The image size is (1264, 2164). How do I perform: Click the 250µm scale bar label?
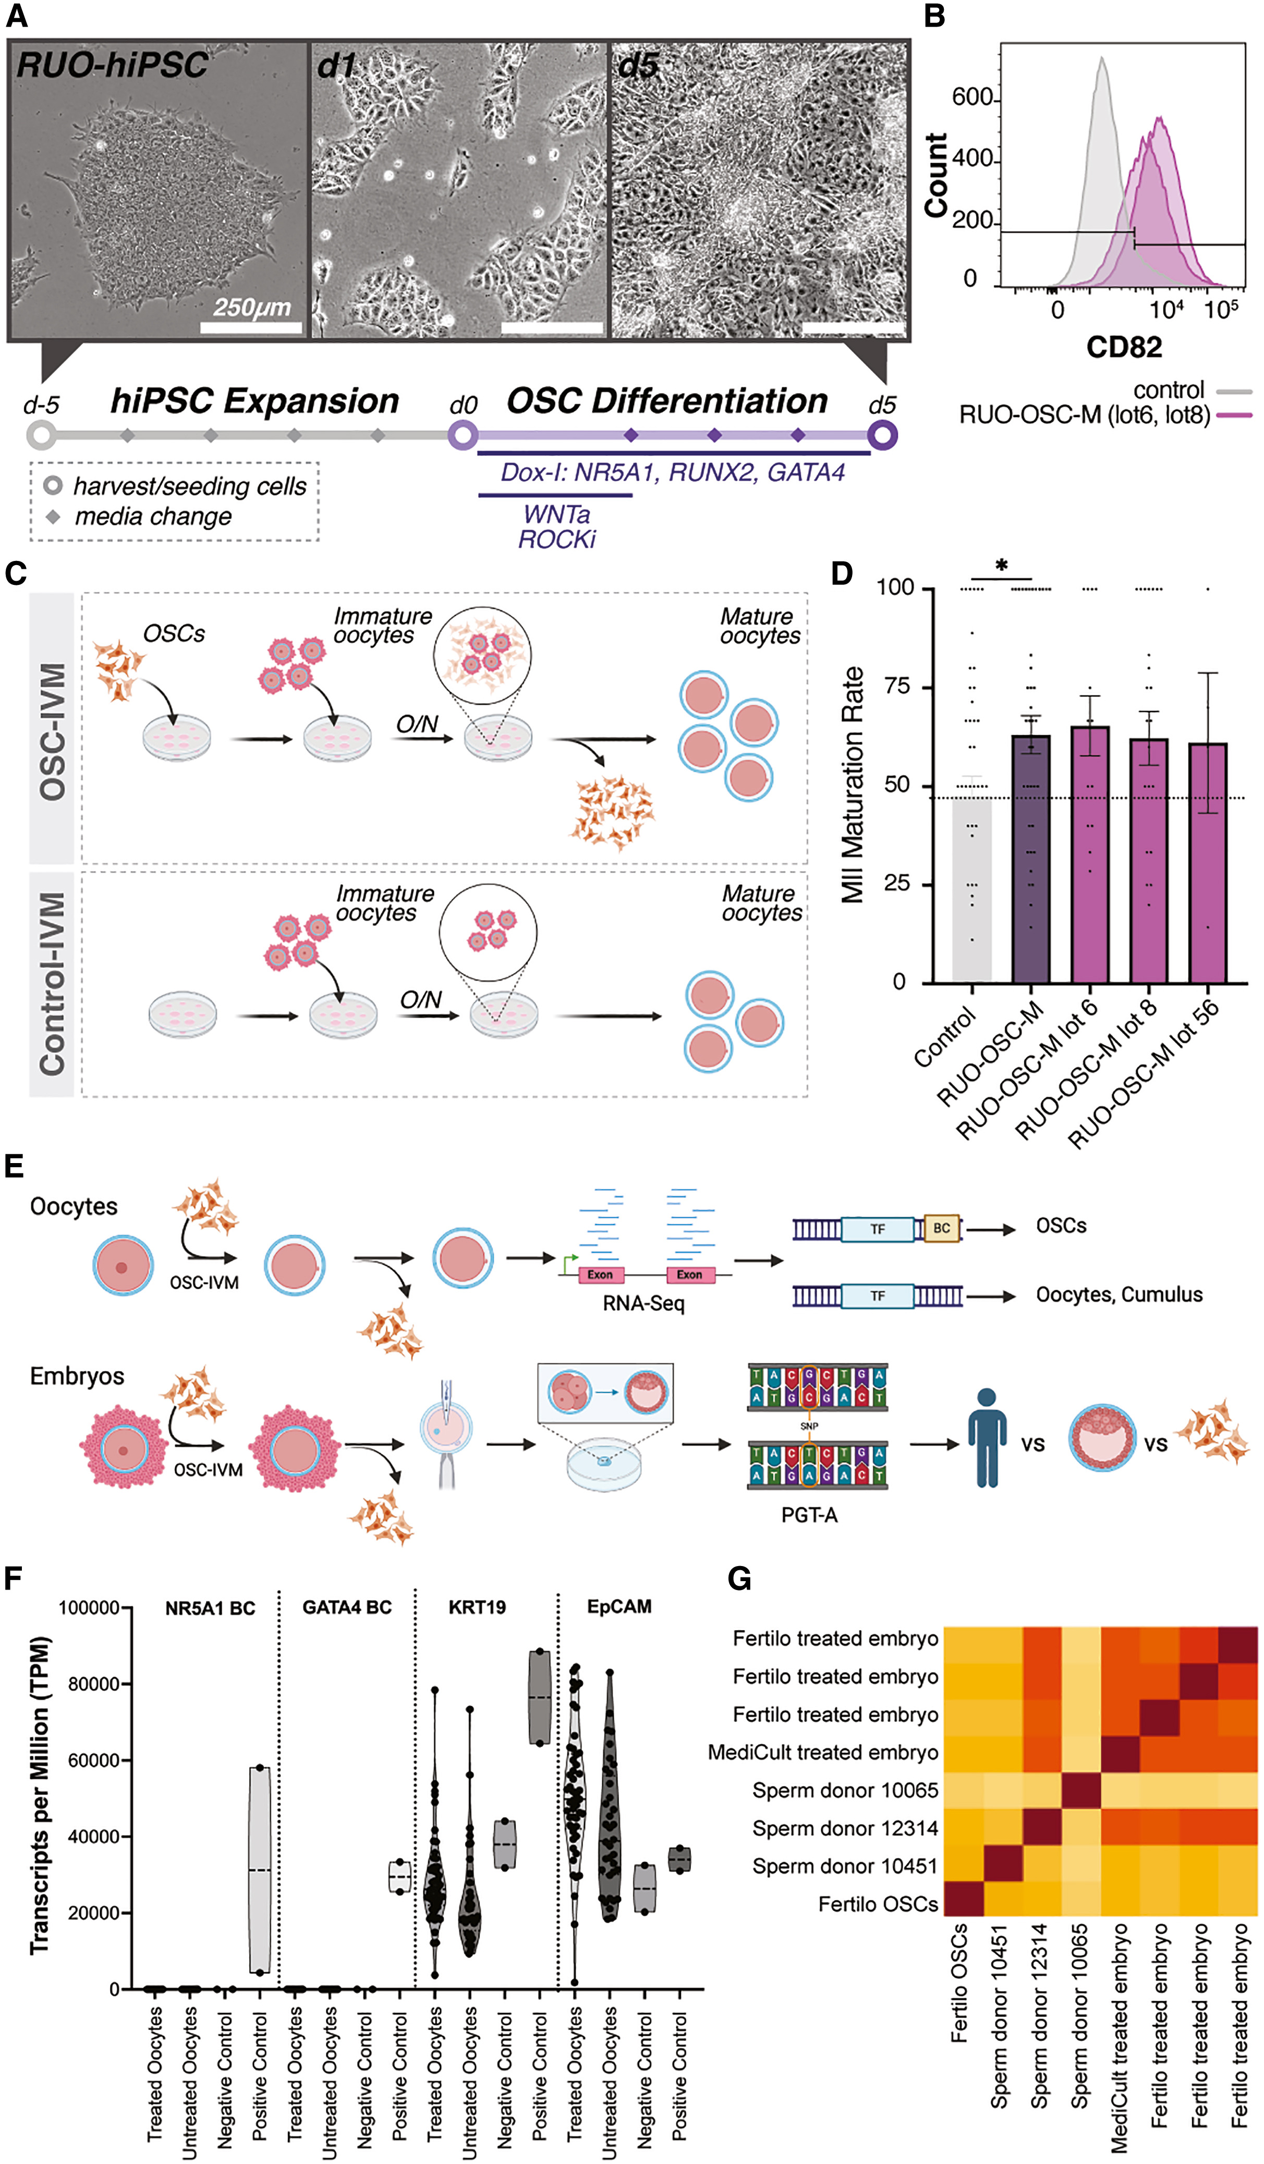[251, 308]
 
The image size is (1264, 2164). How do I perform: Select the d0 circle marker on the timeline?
[463, 434]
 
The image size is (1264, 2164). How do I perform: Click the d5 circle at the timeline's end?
[882, 434]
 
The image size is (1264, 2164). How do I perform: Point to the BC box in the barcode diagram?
[941, 1228]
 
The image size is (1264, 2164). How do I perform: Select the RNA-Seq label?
[643, 1303]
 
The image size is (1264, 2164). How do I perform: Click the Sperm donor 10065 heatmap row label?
[845, 1790]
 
